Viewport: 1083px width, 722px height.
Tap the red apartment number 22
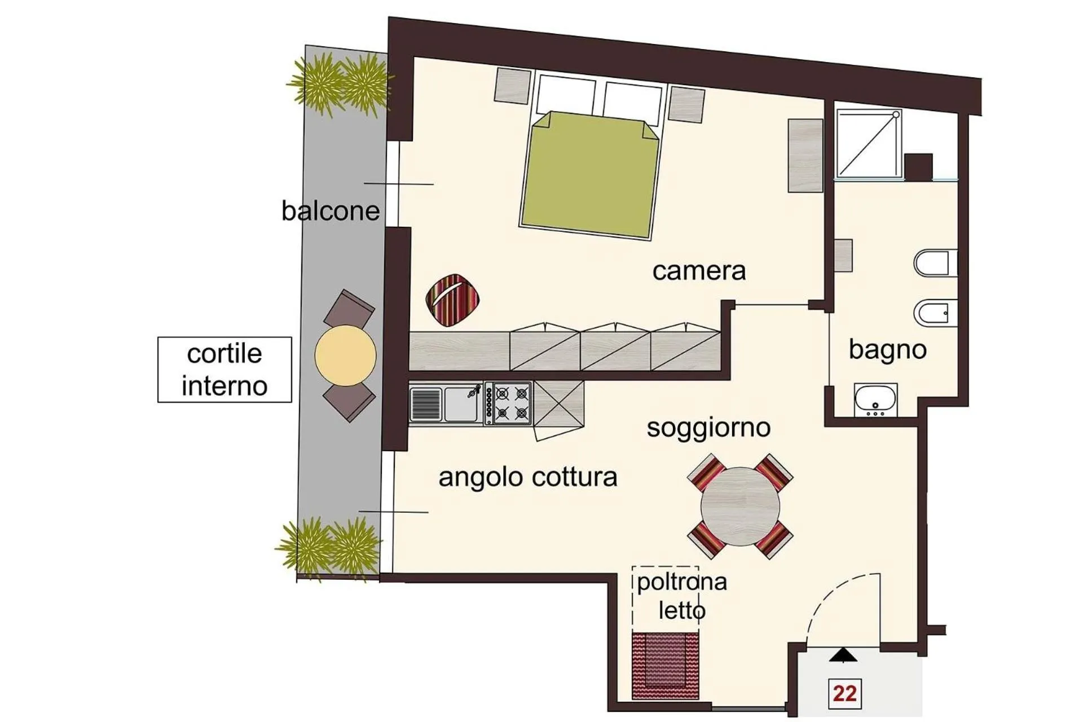(x=844, y=693)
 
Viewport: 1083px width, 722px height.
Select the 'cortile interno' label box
(x=224, y=370)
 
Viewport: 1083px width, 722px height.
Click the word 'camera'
(x=699, y=271)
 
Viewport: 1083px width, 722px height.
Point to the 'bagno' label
(x=887, y=350)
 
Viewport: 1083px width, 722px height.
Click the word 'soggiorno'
(x=708, y=428)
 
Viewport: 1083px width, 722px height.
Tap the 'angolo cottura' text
(x=528, y=478)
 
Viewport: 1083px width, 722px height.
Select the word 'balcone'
(x=331, y=211)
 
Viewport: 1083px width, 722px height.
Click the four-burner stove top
(x=512, y=403)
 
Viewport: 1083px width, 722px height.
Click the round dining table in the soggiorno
(x=740, y=507)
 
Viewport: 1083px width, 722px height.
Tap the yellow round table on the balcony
(x=345, y=355)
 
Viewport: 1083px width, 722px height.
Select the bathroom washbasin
(x=875, y=399)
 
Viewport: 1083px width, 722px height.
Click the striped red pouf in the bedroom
(x=452, y=300)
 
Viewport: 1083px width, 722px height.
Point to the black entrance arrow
(x=843, y=655)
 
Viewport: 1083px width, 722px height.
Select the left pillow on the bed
(x=565, y=96)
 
